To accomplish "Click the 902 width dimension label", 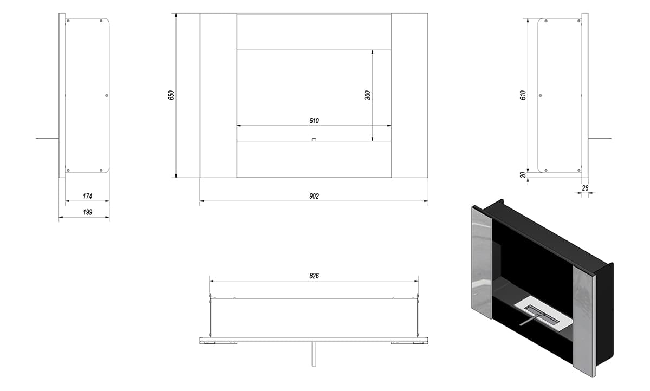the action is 314,197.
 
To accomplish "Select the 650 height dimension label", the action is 171,95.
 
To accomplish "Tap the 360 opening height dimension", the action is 367,95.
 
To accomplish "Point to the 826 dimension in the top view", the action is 314,276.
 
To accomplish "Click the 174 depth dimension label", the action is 87,197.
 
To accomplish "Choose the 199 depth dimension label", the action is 87,212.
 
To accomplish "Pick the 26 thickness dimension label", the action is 586,188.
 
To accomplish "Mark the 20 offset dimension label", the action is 523,175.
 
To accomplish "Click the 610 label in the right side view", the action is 523,95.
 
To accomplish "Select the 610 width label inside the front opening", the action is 314,121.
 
